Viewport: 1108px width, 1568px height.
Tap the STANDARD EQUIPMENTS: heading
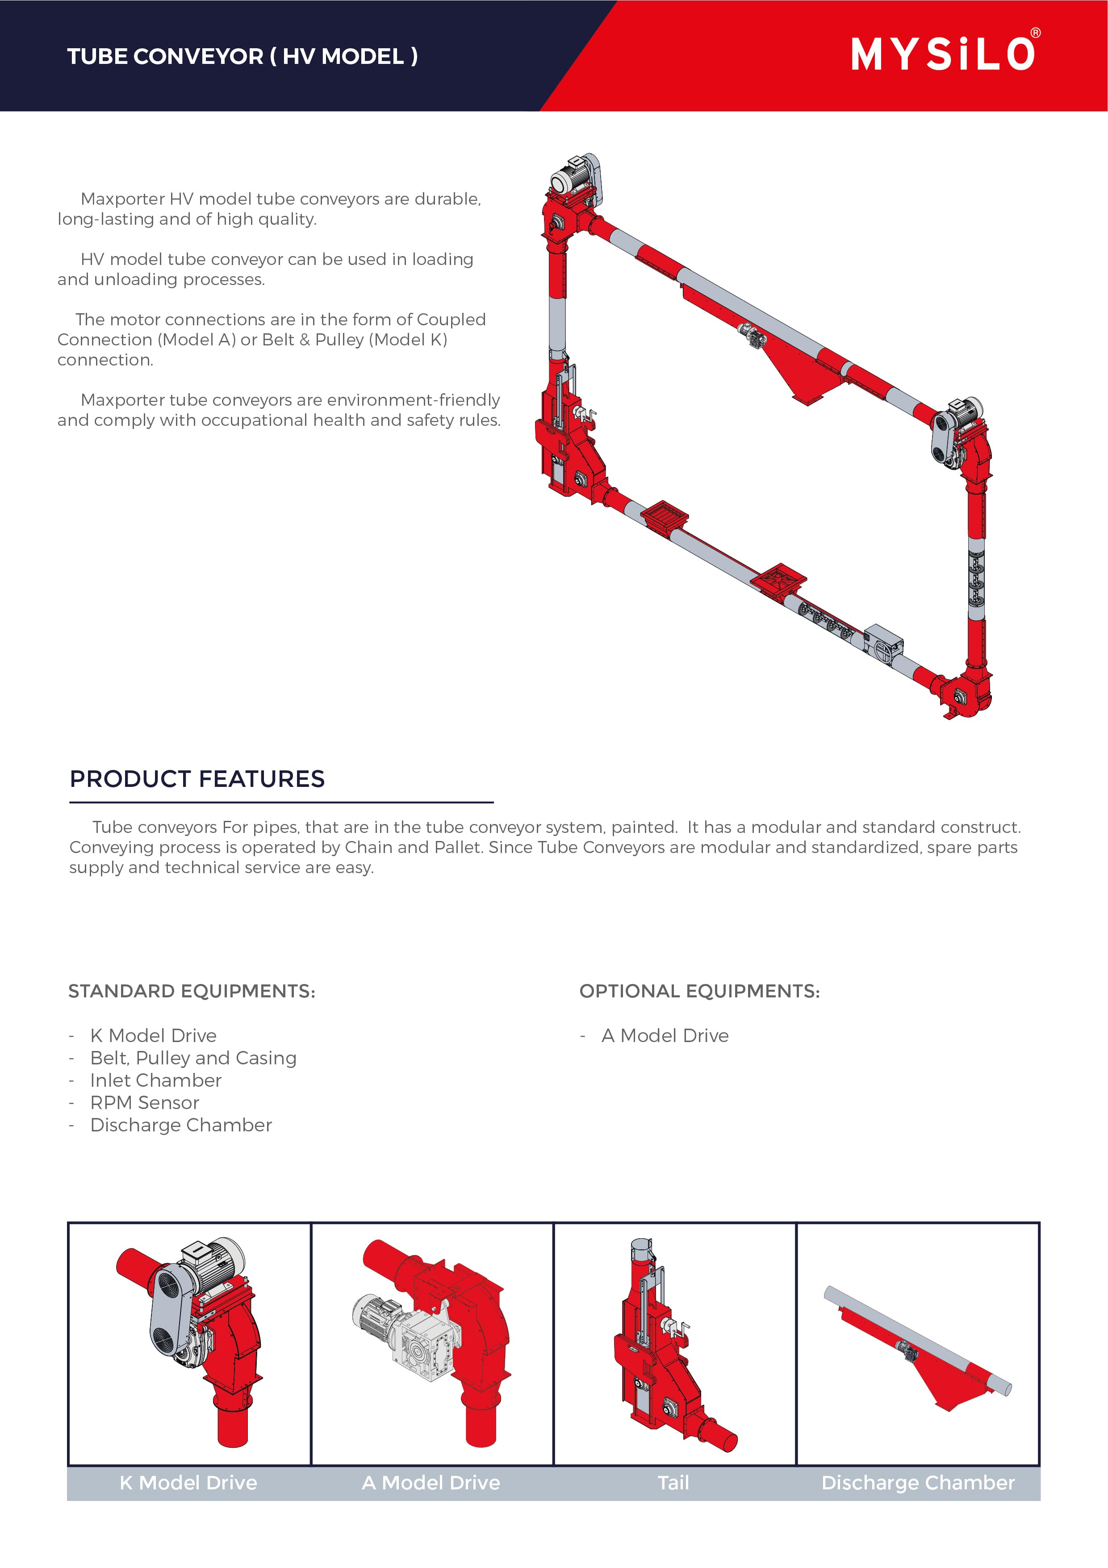point(192,991)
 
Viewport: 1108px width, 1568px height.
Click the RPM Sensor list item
point(145,1102)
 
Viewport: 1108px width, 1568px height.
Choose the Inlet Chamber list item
point(156,1080)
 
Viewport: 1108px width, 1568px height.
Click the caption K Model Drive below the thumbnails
point(188,1483)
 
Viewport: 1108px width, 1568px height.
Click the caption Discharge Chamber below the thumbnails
point(918,1483)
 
